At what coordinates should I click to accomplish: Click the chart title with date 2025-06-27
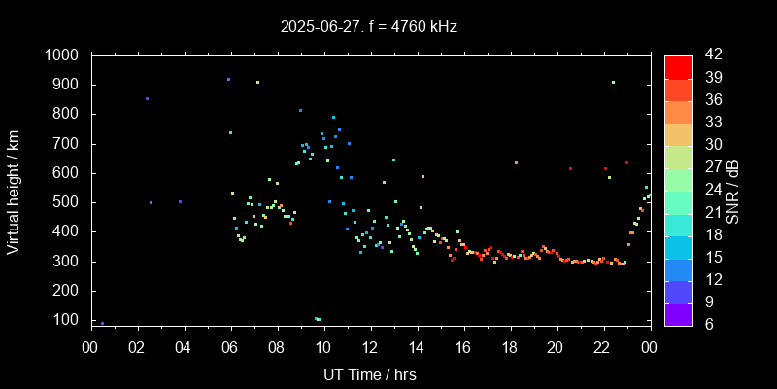[x=368, y=26]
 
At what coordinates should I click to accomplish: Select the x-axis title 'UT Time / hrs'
[x=370, y=373]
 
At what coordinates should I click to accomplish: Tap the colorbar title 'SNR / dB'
[x=732, y=191]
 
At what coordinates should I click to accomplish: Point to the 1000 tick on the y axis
[x=66, y=55]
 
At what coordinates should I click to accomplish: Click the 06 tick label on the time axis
[x=230, y=346]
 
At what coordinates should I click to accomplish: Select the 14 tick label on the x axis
[x=416, y=346]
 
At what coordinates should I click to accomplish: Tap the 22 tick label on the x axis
[x=602, y=346]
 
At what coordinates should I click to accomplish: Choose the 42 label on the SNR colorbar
[x=706, y=55]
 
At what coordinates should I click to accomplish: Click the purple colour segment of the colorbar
[x=678, y=313]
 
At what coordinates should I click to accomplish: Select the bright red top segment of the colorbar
[x=678, y=66]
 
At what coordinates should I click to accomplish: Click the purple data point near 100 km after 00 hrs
[x=102, y=323]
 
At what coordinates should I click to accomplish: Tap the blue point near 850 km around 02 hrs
[x=147, y=98]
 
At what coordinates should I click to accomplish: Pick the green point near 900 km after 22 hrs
[x=613, y=83]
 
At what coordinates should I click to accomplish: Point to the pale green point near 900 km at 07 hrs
[x=257, y=83]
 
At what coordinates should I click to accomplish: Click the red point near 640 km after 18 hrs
[x=516, y=162]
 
